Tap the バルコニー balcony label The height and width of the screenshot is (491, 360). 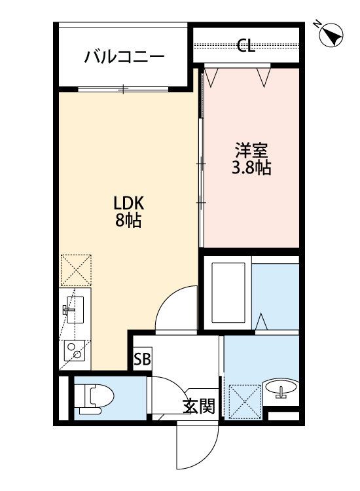[x=124, y=57]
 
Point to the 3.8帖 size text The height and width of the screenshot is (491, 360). [x=251, y=168]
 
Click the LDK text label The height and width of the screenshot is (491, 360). [x=129, y=202]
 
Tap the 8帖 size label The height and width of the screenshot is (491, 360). [x=129, y=220]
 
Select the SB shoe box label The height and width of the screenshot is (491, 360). [x=142, y=359]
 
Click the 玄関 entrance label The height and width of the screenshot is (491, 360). [x=198, y=406]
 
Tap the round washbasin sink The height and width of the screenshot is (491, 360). [x=281, y=390]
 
